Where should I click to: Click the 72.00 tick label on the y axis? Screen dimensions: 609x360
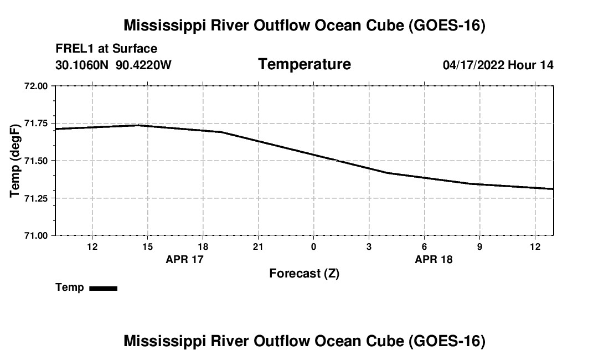tap(36, 86)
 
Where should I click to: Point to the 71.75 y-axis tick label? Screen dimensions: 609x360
tap(36, 124)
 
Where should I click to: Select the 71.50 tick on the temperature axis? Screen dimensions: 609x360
tap(36, 161)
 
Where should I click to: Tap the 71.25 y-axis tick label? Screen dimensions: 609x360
tap(36, 198)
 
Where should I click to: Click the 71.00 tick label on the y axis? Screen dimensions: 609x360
tap(36, 236)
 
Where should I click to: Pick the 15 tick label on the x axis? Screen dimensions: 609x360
tap(148, 246)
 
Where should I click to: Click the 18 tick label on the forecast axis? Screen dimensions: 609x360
tap(203, 246)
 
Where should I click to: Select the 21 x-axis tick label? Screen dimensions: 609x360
tap(259, 246)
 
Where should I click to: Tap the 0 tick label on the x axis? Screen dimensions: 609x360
tap(313, 246)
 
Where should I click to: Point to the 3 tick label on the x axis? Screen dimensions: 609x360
tap(369, 246)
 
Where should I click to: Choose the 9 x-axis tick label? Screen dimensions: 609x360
tap(479, 246)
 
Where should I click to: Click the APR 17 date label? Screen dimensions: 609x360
tap(184, 259)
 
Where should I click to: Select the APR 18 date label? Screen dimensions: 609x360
tap(434, 259)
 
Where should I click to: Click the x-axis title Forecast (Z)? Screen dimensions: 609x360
tap(304, 274)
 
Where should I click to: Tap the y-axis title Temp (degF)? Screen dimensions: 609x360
tap(15, 161)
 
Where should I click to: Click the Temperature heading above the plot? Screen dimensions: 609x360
tap(304, 64)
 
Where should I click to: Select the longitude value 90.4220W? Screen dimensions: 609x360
tap(143, 65)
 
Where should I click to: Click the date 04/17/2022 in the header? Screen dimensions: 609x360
tap(473, 65)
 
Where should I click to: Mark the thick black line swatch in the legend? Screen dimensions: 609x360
tap(104, 288)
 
